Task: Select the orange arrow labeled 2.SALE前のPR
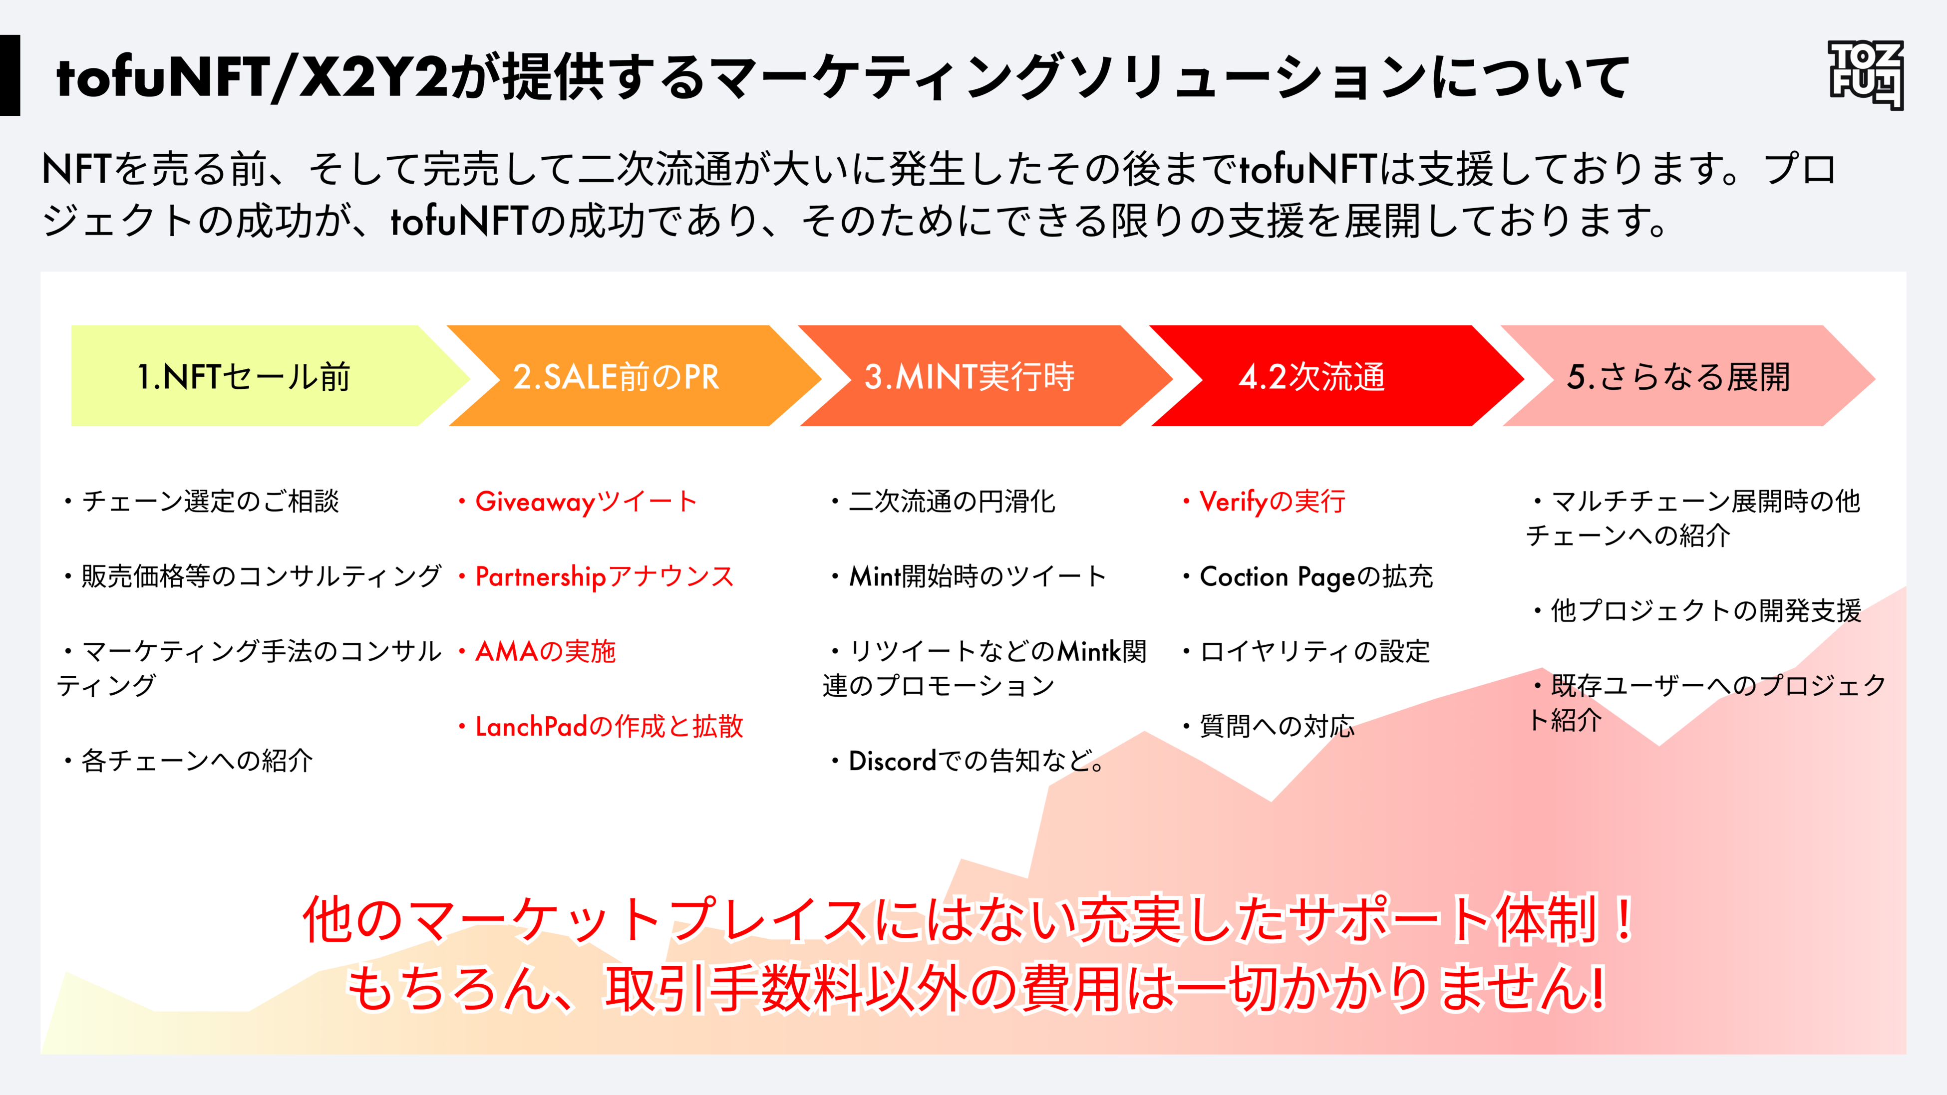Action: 616,376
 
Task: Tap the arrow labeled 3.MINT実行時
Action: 969,376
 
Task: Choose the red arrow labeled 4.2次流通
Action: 1311,376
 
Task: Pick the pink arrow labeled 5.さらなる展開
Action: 1678,376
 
